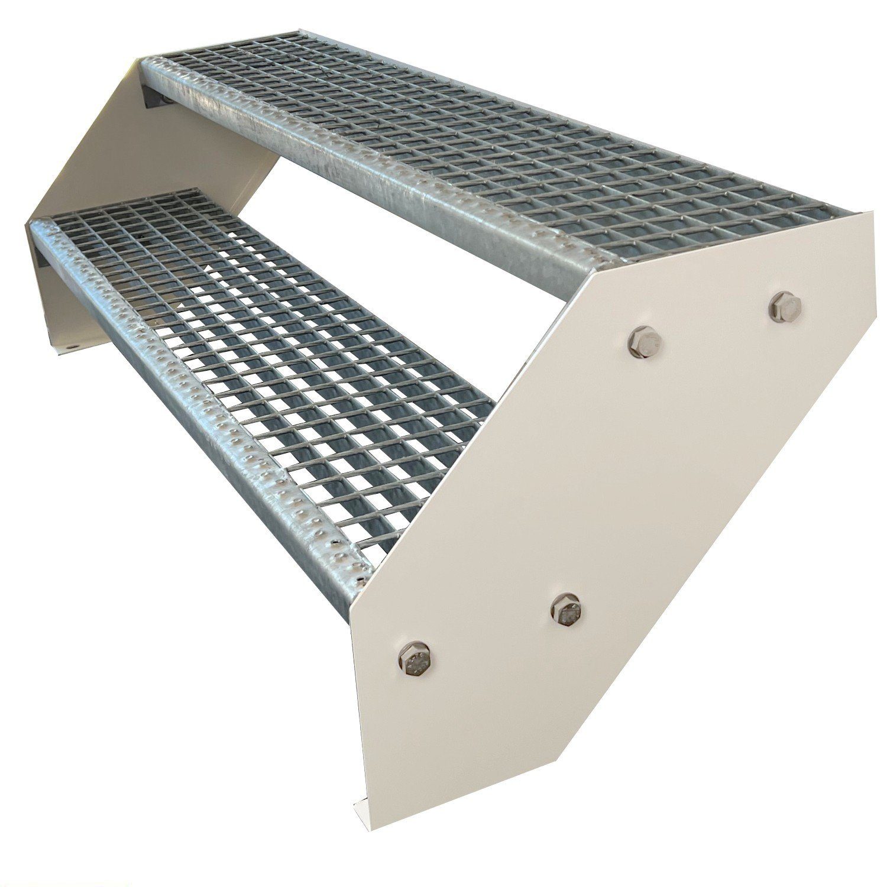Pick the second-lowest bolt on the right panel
coord(565,608)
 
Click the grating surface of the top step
coord(503,136)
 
